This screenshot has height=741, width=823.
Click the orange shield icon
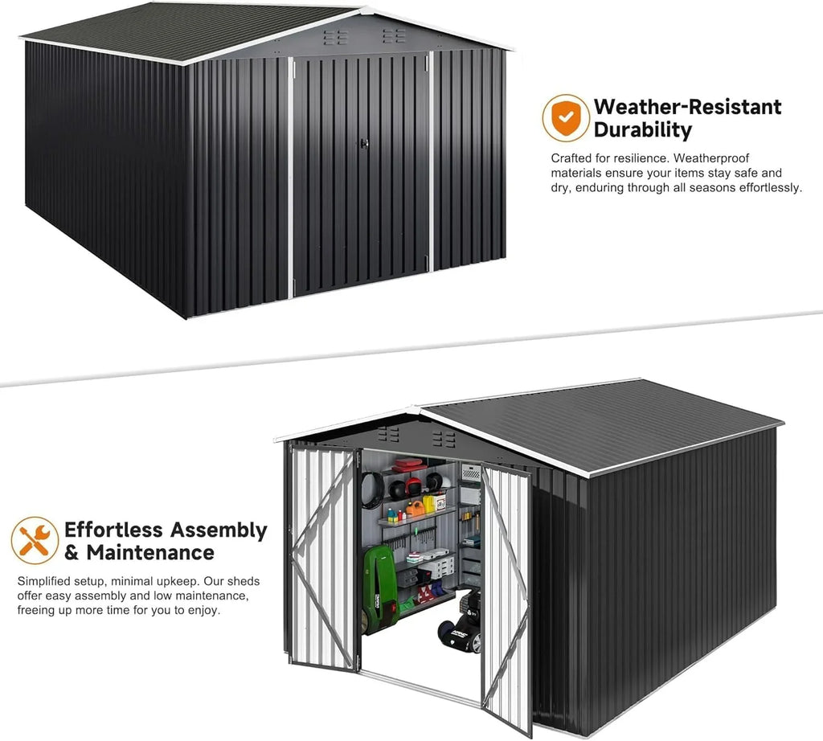point(565,117)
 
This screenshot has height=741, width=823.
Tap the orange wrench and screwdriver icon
point(35,541)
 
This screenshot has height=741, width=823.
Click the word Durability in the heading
point(642,130)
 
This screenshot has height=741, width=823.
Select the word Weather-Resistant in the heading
point(688,107)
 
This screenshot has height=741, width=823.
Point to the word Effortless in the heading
point(114,530)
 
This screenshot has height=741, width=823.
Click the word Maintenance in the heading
point(150,553)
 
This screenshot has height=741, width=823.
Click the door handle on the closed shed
point(364,143)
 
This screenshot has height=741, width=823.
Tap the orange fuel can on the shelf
point(416,509)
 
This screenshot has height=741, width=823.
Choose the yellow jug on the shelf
point(429,504)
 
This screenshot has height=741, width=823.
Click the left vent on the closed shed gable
point(335,37)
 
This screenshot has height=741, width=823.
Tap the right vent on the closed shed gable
point(394,35)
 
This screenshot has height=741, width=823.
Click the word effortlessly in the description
point(771,187)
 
